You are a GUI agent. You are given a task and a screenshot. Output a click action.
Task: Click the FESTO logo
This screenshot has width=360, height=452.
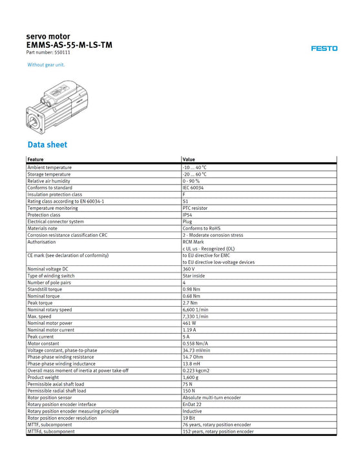pyautogui.click(x=324, y=48)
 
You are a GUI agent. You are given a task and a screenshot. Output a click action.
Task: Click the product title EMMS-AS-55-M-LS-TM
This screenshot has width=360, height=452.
pyautogui.click(x=69, y=45)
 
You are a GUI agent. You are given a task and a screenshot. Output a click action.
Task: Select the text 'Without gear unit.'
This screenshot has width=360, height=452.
pyautogui.click(x=46, y=65)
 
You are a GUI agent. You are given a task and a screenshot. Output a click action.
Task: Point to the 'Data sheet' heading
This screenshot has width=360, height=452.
pyautogui.click(x=47, y=145)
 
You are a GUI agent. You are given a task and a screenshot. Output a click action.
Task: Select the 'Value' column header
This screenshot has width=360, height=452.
pyautogui.click(x=189, y=159)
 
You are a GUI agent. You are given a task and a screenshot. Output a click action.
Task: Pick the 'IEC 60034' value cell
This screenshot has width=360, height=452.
pyautogui.click(x=193, y=188)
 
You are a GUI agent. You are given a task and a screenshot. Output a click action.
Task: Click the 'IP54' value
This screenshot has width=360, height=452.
pyautogui.click(x=188, y=215)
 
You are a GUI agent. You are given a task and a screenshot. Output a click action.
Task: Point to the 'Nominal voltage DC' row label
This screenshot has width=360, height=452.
pyautogui.click(x=48, y=269)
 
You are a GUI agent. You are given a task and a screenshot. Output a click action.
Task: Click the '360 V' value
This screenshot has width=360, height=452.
pyautogui.click(x=189, y=269)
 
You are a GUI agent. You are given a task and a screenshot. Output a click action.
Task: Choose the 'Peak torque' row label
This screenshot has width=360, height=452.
pyautogui.click(x=40, y=303)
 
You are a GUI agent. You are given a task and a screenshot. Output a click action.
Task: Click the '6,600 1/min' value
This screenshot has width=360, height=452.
pyautogui.click(x=195, y=309)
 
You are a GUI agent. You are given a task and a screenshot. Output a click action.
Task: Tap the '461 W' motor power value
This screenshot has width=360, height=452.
pyautogui.click(x=189, y=323)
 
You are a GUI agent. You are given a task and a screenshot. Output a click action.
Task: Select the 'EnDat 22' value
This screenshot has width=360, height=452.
pyautogui.click(x=193, y=404)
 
